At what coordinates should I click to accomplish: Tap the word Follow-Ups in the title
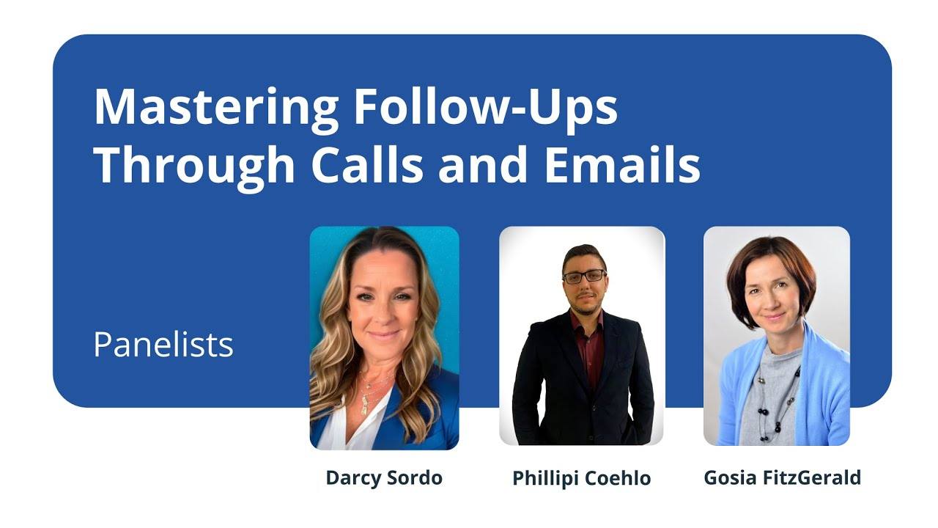485,108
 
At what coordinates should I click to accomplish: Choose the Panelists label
163,345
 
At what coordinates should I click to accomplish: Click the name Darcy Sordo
384,478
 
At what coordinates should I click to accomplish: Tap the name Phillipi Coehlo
582,479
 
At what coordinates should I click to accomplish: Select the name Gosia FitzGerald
782,478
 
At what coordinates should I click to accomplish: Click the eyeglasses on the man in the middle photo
584,276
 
